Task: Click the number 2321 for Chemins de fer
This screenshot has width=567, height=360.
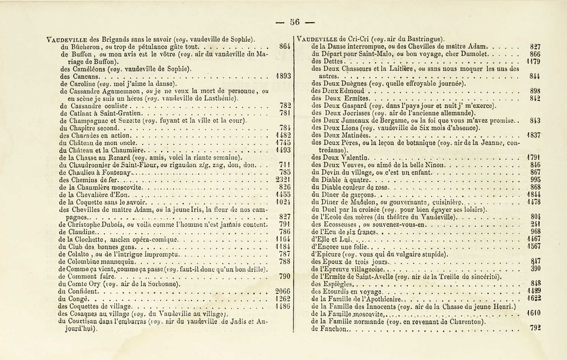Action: point(283,179)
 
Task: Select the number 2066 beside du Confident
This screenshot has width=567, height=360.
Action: point(283,291)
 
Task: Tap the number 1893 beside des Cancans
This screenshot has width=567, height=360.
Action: point(283,75)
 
